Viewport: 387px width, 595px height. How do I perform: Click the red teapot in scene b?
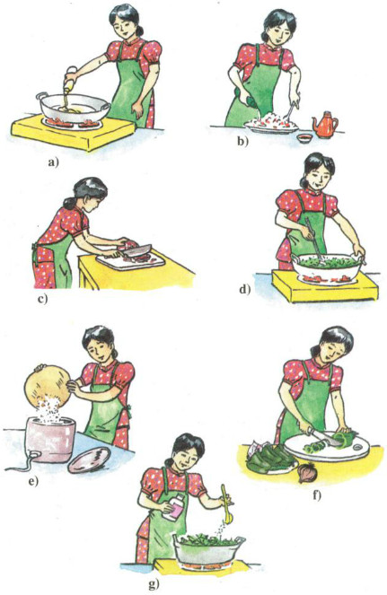(325, 125)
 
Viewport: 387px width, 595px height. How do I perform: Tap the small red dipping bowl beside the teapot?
(304, 138)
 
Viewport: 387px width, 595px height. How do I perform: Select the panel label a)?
(54, 162)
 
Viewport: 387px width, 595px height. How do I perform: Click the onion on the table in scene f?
(304, 473)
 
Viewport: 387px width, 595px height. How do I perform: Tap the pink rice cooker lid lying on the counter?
(89, 459)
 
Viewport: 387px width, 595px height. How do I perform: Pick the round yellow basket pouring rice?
(48, 385)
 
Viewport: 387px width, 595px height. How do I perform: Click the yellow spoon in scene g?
(226, 504)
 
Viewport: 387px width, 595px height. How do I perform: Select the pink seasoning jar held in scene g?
(173, 507)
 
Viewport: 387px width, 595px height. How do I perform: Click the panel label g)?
(154, 585)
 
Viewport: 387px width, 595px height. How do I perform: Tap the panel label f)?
(316, 495)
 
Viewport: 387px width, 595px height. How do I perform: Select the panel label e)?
(34, 482)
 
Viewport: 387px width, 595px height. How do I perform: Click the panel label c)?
(43, 299)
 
